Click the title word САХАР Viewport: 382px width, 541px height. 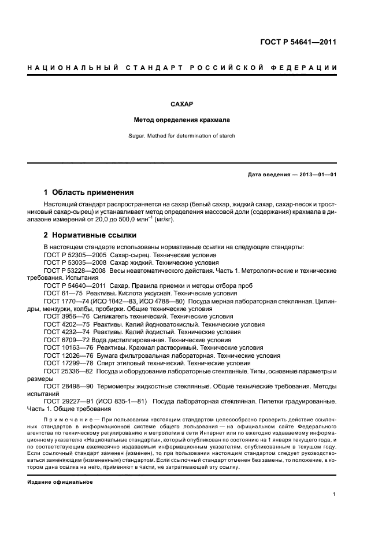click(x=181, y=105)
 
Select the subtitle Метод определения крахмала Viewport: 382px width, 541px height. click(x=181, y=121)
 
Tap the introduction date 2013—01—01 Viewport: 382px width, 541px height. click(x=315, y=174)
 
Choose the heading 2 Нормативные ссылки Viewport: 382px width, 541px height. click(x=90, y=235)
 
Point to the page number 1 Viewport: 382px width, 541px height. click(x=335, y=494)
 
